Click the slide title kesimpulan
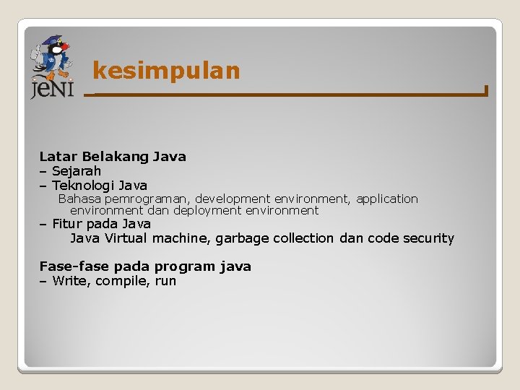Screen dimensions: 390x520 click(166, 71)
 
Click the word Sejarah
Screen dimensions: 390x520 click(76, 171)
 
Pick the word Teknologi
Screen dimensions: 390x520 click(83, 186)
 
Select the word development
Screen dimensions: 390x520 click(233, 199)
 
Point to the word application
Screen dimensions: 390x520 click(387, 199)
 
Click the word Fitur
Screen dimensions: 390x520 click(67, 224)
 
